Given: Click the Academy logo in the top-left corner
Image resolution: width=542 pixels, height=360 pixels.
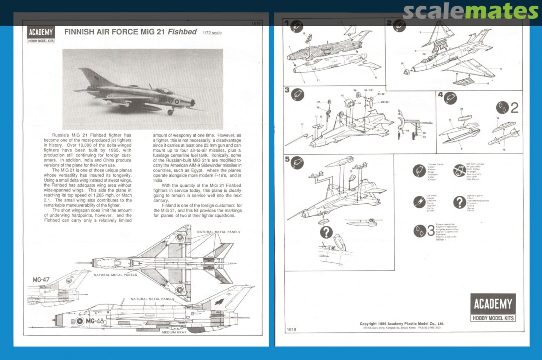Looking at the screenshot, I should [x=41, y=34].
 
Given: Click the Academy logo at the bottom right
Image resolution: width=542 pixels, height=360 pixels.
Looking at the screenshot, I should [x=493, y=307].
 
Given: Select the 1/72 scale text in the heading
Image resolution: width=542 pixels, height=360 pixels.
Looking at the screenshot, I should [x=213, y=33].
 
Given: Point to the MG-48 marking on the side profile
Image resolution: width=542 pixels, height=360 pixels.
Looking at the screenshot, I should [x=95, y=321].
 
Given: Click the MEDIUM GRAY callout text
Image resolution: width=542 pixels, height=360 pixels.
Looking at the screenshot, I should [x=174, y=332].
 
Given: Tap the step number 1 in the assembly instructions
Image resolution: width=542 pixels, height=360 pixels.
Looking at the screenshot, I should [x=287, y=23].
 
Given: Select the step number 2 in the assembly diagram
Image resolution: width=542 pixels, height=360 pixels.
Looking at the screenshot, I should [x=389, y=23].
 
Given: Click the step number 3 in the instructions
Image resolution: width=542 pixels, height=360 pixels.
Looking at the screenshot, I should [x=287, y=90].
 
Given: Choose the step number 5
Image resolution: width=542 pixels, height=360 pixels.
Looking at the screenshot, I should [x=287, y=159].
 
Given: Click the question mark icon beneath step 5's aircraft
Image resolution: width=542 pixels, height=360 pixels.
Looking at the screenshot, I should [x=326, y=232].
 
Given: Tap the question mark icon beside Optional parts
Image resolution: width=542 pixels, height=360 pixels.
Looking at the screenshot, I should [x=459, y=202].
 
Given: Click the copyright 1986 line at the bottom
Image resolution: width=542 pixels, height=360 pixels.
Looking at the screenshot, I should [x=401, y=324].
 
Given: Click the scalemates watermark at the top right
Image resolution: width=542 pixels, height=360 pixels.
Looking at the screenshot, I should [x=471, y=11].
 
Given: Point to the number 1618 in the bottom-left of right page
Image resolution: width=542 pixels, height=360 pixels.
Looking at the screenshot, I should [x=291, y=329].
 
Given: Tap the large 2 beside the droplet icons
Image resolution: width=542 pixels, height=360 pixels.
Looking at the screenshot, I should [x=514, y=108].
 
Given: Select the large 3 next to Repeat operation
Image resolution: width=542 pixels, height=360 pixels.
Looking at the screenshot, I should [x=430, y=231].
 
